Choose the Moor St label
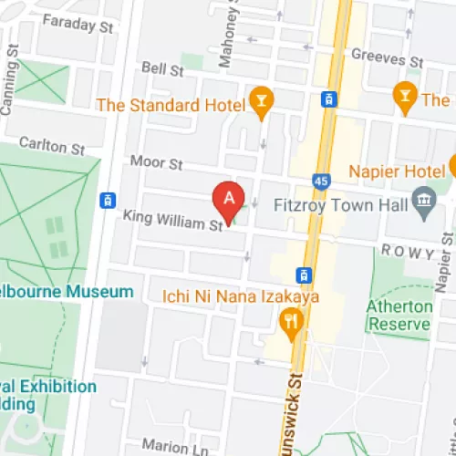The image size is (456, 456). point(156,163)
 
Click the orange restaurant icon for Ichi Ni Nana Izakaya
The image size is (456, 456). point(291,320)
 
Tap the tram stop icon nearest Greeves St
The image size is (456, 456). point(327,98)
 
